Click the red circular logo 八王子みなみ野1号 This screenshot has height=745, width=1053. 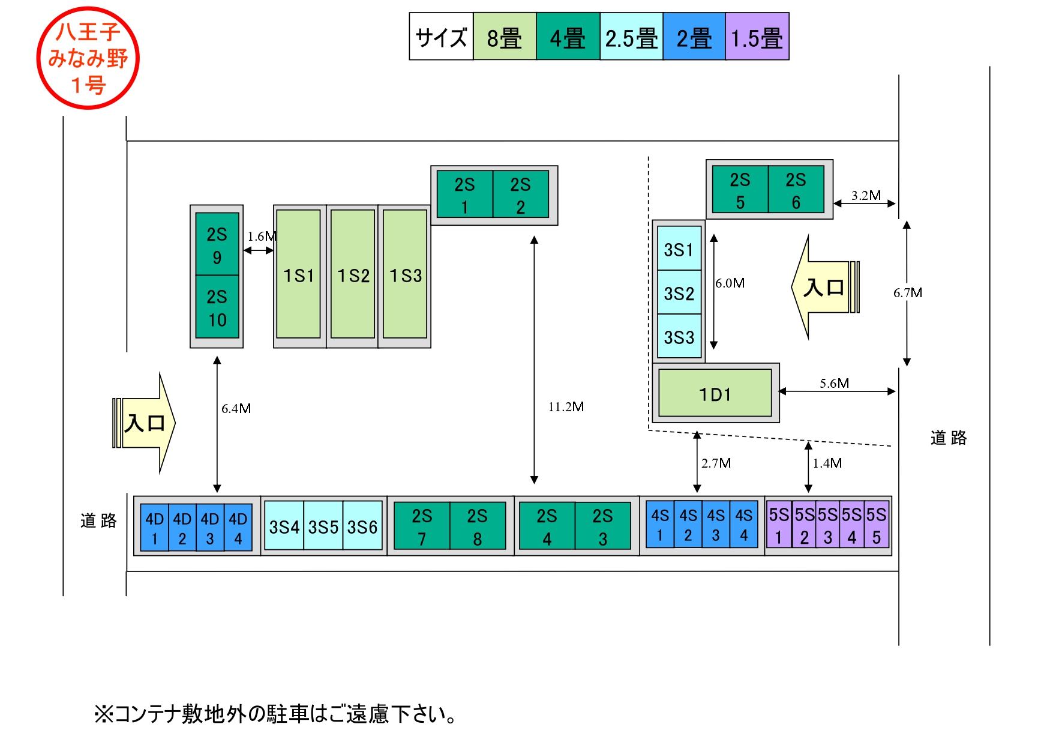pyautogui.click(x=88, y=58)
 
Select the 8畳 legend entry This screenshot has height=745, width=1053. pyautogui.click(x=504, y=37)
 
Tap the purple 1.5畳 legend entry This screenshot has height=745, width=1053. pyautogui.click(x=757, y=37)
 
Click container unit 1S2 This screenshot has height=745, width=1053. pyautogui.click(x=353, y=274)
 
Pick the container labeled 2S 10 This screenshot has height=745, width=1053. pyautogui.click(x=217, y=307)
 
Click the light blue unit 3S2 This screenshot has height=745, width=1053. pyautogui.click(x=679, y=293)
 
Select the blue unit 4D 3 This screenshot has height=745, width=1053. pyautogui.click(x=210, y=528)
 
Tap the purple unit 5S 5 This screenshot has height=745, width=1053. pyautogui.click(x=876, y=525)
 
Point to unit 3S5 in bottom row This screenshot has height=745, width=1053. pyautogui.click(x=323, y=526)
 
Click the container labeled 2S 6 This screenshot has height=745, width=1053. pyautogui.click(x=796, y=190)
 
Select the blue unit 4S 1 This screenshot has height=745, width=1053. pyautogui.click(x=660, y=525)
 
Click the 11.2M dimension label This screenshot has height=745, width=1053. pyautogui.click(x=566, y=406)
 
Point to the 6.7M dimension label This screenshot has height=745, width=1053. pyautogui.click(x=907, y=292)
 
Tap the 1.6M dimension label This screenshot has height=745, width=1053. pyautogui.click(x=262, y=236)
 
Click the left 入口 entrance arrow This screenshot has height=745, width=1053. pyautogui.click(x=145, y=423)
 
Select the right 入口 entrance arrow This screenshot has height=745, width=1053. pyautogui.click(x=824, y=287)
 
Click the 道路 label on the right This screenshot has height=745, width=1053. pyautogui.click(x=948, y=438)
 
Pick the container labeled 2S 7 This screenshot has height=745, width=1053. pyautogui.click(x=422, y=526)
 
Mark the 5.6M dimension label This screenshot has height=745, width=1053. pyautogui.click(x=834, y=383)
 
